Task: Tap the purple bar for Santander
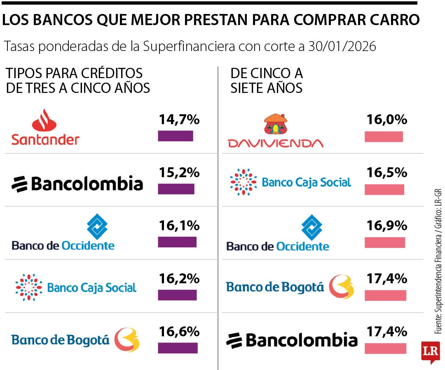pyautogui.click(x=176, y=136)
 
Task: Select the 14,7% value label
pyautogui.click(x=179, y=120)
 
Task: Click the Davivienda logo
pyautogui.click(x=276, y=131)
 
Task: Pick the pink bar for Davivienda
pyautogui.click(x=384, y=136)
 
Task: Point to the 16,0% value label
pyautogui.click(x=386, y=120)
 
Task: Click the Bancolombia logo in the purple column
pyautogui.click(x=77, y=183)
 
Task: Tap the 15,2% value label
pyautogui.click(x=179, y=172)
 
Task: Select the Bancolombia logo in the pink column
pyautogui.click(x=292, y=340)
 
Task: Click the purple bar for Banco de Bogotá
pyautogui.click(x=178, y=348)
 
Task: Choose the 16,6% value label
pyautogui.click(x=179, y=331)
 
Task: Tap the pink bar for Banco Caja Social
pyautogui.click(x=384, y=190)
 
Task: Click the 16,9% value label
pyautogui.click(x=386, y=225)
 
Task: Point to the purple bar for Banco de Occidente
pyautogui.click(x=177, y=242)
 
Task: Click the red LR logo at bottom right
pyautogui.click(x=430, y=351)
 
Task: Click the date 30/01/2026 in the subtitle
pyautogui.click(x=342, y=46)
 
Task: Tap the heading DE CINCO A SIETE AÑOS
pyautogui.click(x=267, y=80)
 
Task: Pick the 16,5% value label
pyautogui.click(x=386, y=172)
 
